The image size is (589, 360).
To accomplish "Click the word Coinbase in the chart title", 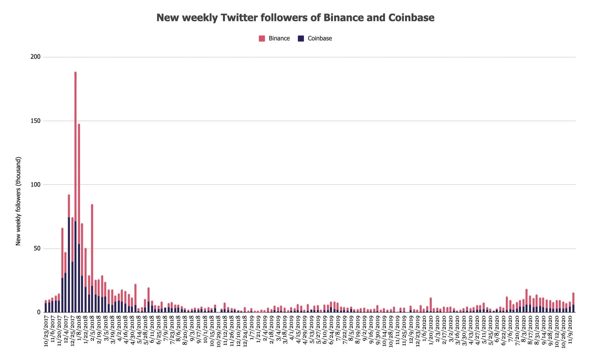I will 411,18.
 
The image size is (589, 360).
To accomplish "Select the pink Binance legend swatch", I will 262,39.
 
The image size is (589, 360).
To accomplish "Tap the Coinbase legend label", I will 320,38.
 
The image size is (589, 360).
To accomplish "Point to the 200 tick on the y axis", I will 36,57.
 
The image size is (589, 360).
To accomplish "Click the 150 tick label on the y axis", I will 36,121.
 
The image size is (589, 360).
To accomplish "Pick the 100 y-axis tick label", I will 36,184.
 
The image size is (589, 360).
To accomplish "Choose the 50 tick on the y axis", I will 37,248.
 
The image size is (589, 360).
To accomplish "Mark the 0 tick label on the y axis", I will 39,312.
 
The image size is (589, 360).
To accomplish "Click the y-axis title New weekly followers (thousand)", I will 18,201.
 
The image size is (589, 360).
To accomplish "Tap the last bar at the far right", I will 573,303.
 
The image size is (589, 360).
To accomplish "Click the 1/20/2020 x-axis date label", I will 431,328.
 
